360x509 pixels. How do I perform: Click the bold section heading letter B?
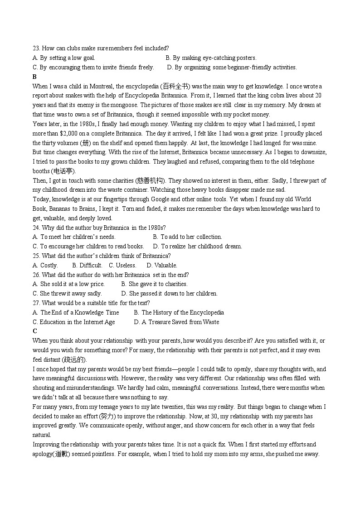(x=35, y=77)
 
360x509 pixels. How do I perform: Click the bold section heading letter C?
(x=35, y=331)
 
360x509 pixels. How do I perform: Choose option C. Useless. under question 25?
(x=122, y=265)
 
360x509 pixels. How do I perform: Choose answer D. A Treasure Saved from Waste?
(x=176, y=322)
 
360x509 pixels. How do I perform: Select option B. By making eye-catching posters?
(x=211, y=58)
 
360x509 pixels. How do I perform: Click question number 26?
(x=36, y=275)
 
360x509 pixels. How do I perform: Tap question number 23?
(x=36, y=48)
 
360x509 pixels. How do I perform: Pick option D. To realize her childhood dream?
(x=197, y=247)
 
